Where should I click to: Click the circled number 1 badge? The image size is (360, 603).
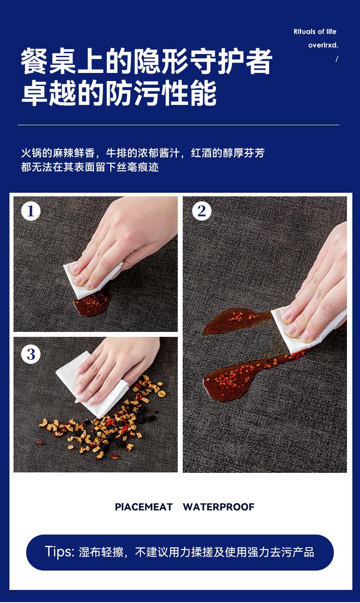(x=31, y=211)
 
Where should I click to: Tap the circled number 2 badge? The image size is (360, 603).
(x=202, y=211)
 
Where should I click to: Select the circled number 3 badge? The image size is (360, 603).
(x=31, y=354)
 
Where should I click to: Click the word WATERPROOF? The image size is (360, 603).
(x=219, y=507)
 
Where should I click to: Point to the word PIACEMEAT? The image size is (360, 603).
(x=144, y=507)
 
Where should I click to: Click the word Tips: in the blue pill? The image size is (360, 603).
(x=60, y=552)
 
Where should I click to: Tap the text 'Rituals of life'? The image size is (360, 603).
(x=315, y=32)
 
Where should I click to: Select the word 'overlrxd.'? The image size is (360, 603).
(x=323, y=45)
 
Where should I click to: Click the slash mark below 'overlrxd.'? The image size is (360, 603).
(x=337, y=59)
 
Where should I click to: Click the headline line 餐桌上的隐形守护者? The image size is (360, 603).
(x=147, y=61)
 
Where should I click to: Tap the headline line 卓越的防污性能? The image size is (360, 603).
(x=119, y=92)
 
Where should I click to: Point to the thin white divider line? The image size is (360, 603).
(x=178, y=125)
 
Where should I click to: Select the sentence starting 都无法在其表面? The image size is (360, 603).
(x=90, y=167)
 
